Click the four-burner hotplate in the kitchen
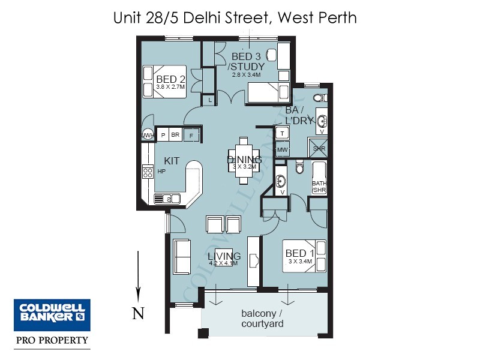click(x=147, y=173)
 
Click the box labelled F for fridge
click(x=191, y=135)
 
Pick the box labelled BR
click(x=175, y=135)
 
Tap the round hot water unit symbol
click(x=147, y=136)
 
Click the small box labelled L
click(x=209, y=101)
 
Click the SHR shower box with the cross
click(x=317, y=147)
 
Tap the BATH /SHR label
click(x=319, y=187)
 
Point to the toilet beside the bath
click(x=300, y=168)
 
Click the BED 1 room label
click(x=299, y=253)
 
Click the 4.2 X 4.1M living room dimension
click(x=223, y=263)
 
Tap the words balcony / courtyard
click(x=262, y=319)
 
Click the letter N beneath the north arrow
click(x=137, y=313)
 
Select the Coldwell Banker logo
click(x=52, y=314)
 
